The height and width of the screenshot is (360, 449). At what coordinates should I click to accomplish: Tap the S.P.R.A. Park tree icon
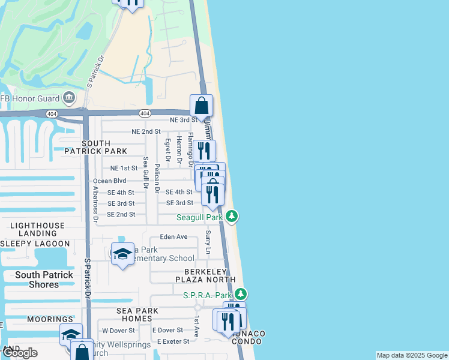click(241, 295)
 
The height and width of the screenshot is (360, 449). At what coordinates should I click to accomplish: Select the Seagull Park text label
click(199, 217)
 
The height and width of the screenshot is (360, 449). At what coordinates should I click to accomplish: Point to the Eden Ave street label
click(173, 237)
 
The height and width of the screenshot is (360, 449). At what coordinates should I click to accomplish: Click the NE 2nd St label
click(146, 131)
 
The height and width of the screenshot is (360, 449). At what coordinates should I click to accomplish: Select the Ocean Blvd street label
click(109, 181)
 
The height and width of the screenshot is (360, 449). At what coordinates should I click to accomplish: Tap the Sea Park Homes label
click(138, 314)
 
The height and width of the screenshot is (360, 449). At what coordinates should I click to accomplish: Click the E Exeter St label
click(173, 341)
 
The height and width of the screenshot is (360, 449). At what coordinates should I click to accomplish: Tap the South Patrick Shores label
click(44, 280)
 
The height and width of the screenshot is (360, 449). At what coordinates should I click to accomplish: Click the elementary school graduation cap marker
click(122, 253)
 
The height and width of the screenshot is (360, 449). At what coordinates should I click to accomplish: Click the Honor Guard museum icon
click(68, 98)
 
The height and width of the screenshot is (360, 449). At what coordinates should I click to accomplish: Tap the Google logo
click(19, 353)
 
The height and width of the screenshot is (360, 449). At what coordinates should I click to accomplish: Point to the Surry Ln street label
click(208, 242)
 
